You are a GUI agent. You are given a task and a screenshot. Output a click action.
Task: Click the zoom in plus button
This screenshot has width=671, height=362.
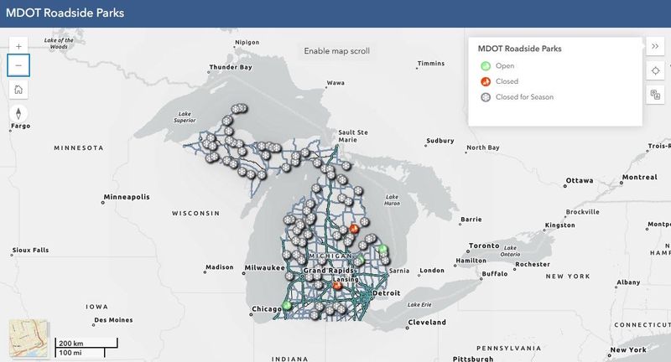(19, 46)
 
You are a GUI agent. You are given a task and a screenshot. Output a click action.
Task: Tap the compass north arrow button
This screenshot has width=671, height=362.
(19, 114)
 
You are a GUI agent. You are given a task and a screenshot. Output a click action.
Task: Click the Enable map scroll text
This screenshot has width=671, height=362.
(336, 51)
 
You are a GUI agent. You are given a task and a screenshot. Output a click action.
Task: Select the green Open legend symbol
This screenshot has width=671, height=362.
(485, 65)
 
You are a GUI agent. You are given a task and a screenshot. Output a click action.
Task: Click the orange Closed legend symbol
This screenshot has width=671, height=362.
(485, 81)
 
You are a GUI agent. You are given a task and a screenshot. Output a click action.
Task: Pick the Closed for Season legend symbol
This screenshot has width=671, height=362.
(485, 97)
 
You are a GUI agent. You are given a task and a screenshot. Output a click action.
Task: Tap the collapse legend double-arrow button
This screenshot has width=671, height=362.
(655, 46)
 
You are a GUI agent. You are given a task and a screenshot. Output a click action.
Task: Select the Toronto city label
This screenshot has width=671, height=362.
(483, 246)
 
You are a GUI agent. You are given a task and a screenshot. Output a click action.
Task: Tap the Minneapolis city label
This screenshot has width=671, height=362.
(126, 197)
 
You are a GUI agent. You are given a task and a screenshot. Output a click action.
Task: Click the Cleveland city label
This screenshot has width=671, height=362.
(426, 322)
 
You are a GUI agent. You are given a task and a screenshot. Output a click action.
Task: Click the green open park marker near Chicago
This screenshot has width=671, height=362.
(287, 306)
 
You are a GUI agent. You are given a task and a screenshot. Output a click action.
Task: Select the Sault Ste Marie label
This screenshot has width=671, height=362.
(352, 136)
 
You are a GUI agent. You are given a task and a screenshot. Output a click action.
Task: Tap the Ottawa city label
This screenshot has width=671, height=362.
(580, 180)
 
